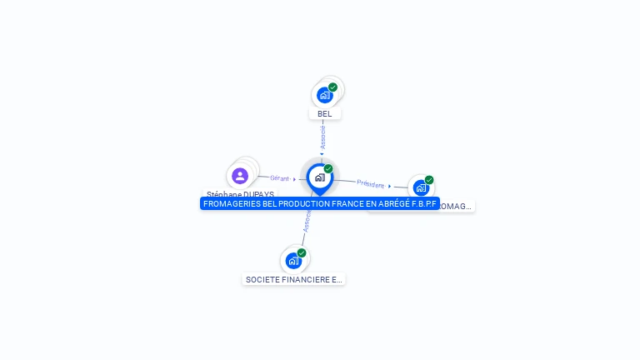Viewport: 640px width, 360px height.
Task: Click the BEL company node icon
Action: pyautogui.click(x=324, y=95)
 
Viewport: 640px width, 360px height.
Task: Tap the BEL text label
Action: pyautogui.click(x=324, y=114)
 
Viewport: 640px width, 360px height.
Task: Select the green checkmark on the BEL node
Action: pyautogui.click(x=332, y=87)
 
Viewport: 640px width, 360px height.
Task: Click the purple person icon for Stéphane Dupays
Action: pyautogui.click(x=240, y=176)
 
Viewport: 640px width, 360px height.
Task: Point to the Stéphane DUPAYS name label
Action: pyautogui.click(x=240, y=194)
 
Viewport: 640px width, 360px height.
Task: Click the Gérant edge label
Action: pyautogui.click(x=279, y=177)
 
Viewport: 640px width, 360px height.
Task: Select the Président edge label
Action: pyautogui.click(x=371, y=183)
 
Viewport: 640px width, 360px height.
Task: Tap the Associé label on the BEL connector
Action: pyautogui.click(x=322, y=137)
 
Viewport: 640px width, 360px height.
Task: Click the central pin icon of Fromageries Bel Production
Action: pyautogui.click(x=319, y=177)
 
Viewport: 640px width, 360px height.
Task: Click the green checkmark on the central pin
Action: pyautogui.click(x=328, y=168)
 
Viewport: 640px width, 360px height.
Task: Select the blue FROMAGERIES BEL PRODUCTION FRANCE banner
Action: pyautogui.click(x=320, y=203)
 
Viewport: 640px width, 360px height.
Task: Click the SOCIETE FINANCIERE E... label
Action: pyautogui.click(x=293, y=280)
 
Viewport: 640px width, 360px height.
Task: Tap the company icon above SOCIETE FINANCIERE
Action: pyautogui.click(x=292, y=261)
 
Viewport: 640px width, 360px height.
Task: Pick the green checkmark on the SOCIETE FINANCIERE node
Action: pyautogui.click(x=302, y=252)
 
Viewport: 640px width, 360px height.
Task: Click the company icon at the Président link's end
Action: pyautogui.click(x=420, y=187)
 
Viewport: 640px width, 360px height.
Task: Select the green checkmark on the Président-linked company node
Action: pyautogui.click(x=429, y=180)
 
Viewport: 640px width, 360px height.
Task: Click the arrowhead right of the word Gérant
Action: pyautogui.click(x=295, y=179)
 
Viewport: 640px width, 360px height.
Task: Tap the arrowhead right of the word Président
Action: pyautogui.click(x=390, y=186)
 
